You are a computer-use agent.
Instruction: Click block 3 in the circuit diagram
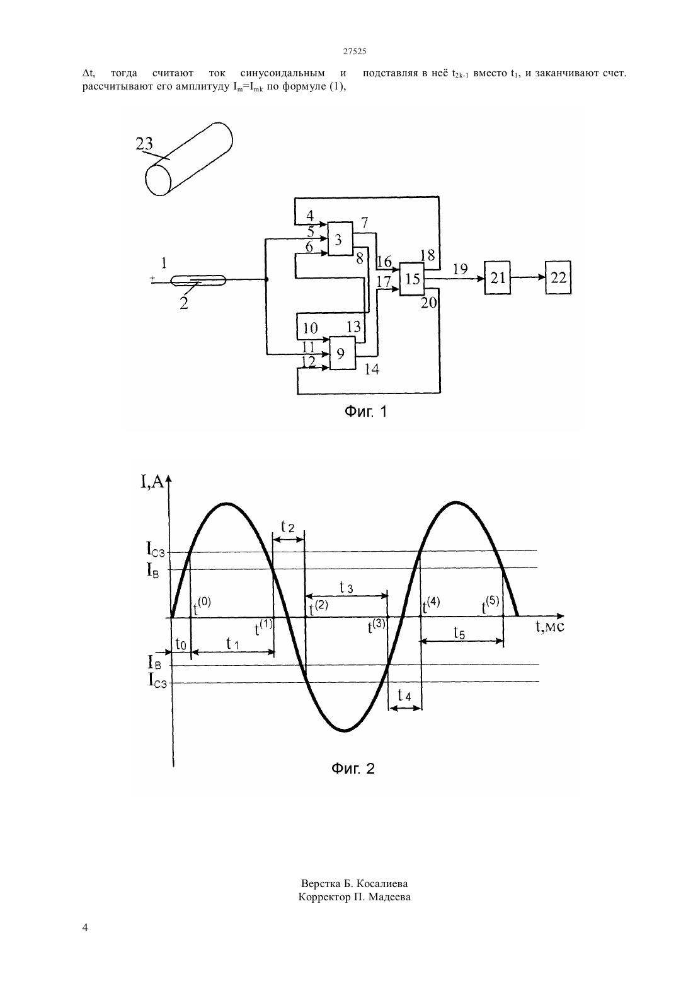340,239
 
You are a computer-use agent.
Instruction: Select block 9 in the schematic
342,353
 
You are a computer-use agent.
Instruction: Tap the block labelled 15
411,279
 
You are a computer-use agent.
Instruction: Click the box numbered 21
498,277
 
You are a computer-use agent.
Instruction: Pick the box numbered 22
558,277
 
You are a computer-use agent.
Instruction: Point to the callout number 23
144,143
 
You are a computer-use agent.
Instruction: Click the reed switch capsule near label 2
198,281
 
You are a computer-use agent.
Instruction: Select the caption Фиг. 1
366,411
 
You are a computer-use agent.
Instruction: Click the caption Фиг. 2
353,768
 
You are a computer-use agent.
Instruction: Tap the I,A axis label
152,482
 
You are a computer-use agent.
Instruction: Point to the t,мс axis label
550,626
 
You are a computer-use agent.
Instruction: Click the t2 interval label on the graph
287,526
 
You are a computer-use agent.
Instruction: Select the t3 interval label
346,588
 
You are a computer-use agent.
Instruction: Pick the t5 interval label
459,633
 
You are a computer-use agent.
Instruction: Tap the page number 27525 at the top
354,51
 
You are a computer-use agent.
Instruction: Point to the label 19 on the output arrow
461,269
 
